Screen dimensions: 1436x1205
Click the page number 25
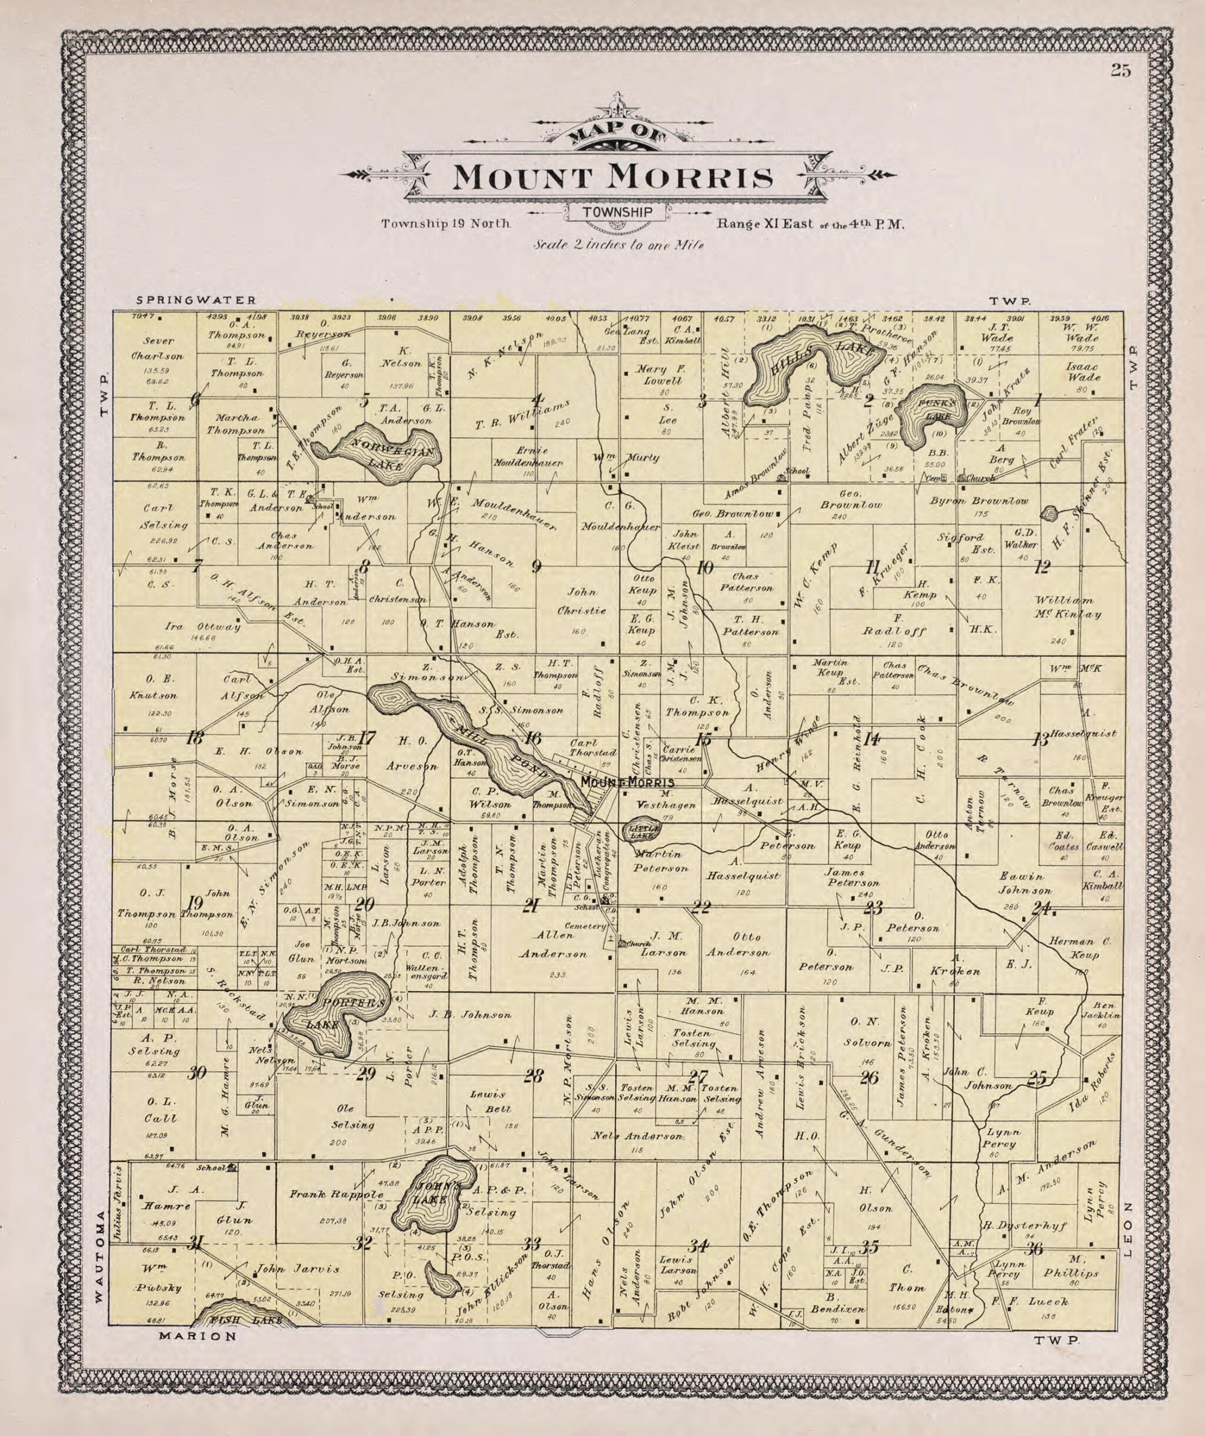click(x=1120, y=71)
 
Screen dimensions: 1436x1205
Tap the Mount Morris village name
click(x=627, y=782)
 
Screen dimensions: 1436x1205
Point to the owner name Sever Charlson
click(x=159, y=348)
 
